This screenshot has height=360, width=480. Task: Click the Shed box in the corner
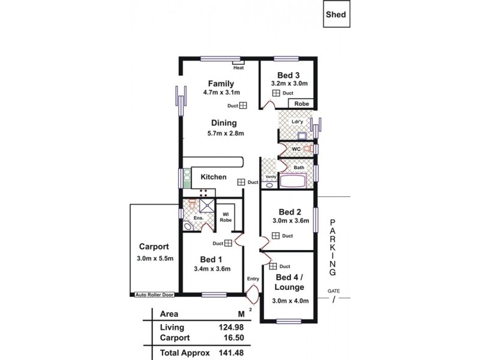click(336, 15)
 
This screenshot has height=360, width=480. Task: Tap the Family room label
click(221, 83)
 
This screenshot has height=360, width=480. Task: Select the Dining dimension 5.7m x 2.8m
click(221, 133)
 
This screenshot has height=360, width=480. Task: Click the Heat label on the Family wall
click(239, 68)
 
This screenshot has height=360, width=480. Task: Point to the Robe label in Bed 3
click(301, 104)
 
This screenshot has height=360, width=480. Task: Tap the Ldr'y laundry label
click(296, 122)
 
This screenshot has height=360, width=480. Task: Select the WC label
click(296, 148)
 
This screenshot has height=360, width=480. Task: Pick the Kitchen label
click(213, 177)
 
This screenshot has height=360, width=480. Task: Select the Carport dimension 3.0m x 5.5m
click(154, 259)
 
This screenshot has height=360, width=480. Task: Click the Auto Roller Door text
click(155, 296)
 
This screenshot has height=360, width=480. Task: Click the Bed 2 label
click(290, 211)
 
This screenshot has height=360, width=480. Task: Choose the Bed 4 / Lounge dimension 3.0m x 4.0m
click(290, 301)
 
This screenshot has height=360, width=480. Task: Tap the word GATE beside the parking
click(334, 291)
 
